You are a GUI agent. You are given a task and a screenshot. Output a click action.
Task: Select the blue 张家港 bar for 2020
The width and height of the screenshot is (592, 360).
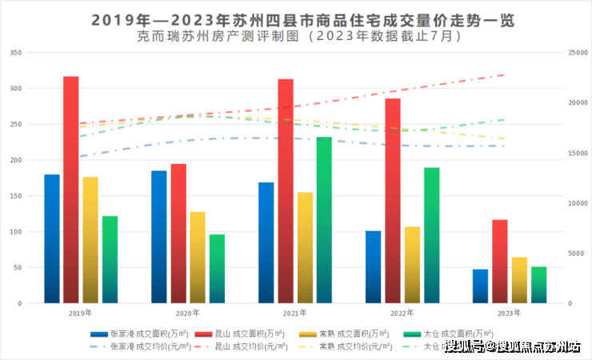coord(159,237)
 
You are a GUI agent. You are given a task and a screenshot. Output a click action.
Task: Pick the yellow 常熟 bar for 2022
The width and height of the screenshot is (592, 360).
coord(412,265)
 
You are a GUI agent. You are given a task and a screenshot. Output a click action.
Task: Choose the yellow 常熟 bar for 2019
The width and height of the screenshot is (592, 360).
coord(90,240)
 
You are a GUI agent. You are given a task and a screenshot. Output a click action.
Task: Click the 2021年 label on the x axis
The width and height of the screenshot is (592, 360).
coord(294,314)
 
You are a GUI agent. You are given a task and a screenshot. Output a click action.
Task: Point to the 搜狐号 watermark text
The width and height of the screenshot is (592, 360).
coord(465,346)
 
